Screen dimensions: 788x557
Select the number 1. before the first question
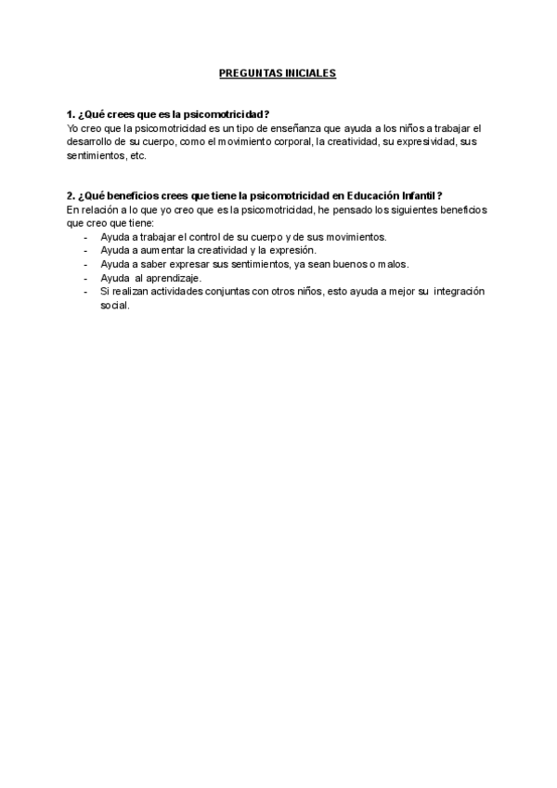[x=71, y=114]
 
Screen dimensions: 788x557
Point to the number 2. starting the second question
[x=71, y=196]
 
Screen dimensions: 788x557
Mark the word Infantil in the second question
[x=419, y=196]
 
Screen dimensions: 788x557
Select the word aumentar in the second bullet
[x=162, y=251]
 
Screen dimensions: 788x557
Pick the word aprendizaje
[x=173, y=278]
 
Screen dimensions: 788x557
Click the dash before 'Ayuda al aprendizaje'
[x=85, y=278]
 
